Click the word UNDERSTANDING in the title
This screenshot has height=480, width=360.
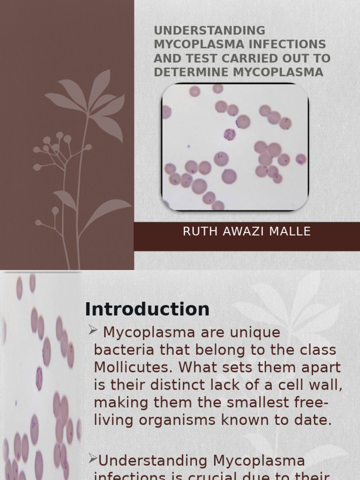coord(210,31)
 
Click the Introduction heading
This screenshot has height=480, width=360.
coord(147,309)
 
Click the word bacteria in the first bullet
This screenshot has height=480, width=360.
coord(121,350)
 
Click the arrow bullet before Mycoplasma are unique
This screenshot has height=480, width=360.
coord(92,331)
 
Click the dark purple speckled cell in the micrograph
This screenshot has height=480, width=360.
coord(229,135)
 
